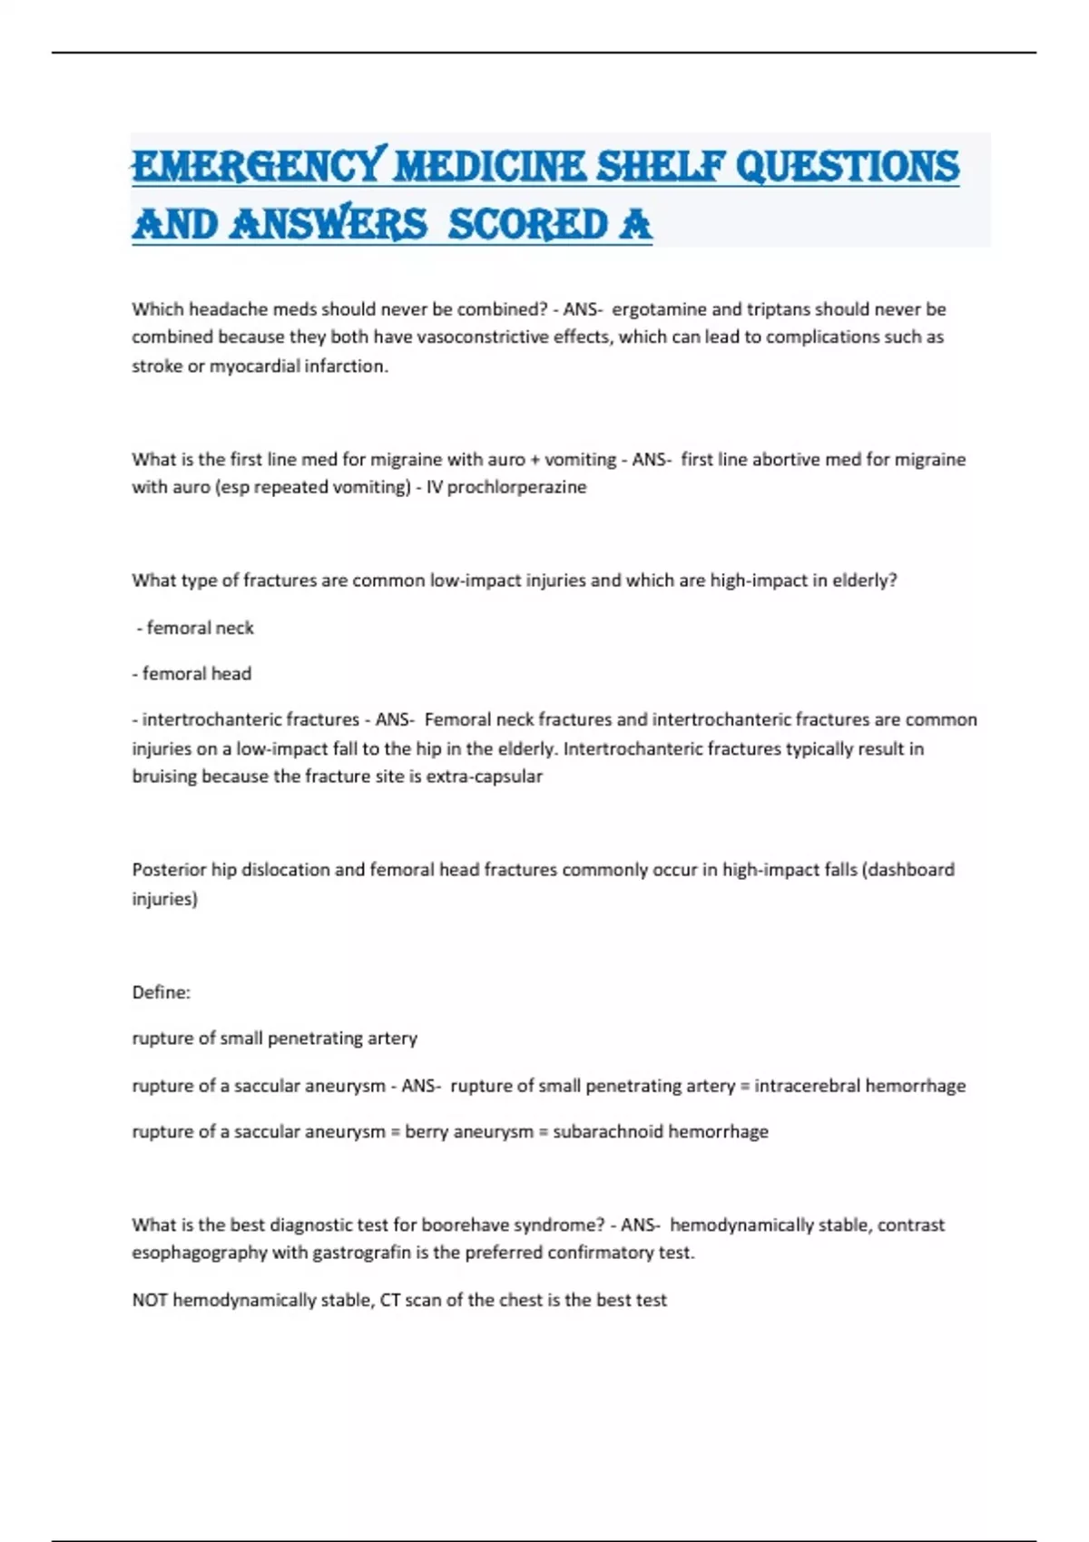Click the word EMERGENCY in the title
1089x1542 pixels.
point(259,167)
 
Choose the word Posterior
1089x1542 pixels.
point(169,870)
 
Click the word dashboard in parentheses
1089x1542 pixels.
point(910,870)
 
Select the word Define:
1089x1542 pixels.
point(162,992)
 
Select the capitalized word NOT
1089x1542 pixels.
point(150,1301)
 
